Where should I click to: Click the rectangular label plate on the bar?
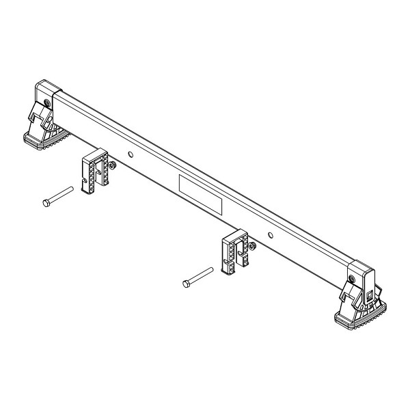click(201, 194)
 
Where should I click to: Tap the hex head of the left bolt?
click(44, 203)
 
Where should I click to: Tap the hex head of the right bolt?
click(185, 284)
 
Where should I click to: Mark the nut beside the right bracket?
click(253, 245)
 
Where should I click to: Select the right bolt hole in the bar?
click(271, 235)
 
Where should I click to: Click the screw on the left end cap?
click(46, 102)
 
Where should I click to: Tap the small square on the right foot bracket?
click(370, 296)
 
